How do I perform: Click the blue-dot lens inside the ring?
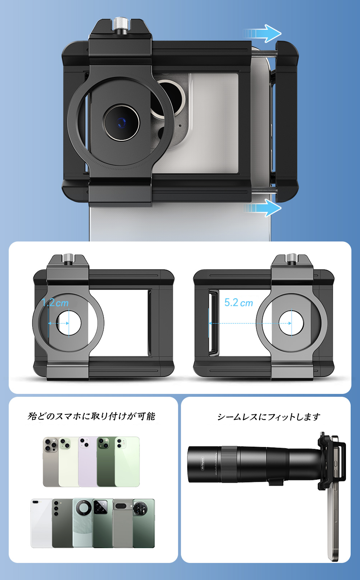[x=121, y=123]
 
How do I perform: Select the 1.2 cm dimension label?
[x=55, y=303]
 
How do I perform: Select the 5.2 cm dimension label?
[x=238, y=303]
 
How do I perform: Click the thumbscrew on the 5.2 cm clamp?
[x=291, y=258]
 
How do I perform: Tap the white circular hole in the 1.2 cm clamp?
[x=69, y=323]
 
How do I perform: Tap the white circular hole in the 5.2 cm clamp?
[x=291, y=323]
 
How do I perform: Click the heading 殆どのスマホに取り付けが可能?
[x=91, y=416]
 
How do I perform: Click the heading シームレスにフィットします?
[x=269, y=417]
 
